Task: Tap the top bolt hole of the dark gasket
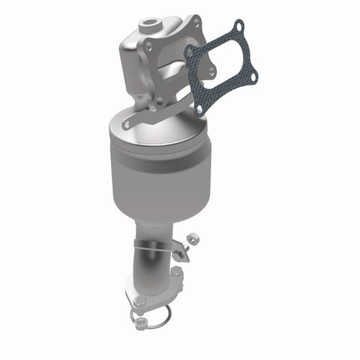[x=238, y=28]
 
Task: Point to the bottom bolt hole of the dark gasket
[x=199, y=109]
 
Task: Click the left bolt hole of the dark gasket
[x=190, y=53]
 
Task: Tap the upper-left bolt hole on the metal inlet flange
[x=148, y=46]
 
